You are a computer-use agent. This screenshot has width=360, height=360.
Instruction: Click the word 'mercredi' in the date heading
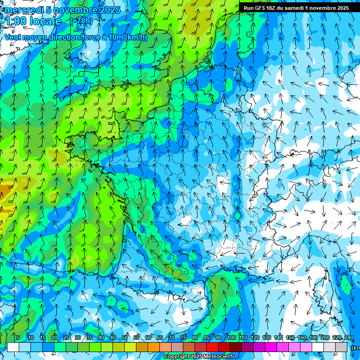click(24, 10)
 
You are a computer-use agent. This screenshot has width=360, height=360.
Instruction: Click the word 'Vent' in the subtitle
click(13, 37)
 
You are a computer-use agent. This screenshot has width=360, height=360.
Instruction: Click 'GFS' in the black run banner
click(261, 8)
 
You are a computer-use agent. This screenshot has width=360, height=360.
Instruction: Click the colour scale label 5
click(18, 337)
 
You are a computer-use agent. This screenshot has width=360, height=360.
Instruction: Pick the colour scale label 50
click(125, 337)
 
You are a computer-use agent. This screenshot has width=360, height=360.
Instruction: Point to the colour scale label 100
click(232, 337)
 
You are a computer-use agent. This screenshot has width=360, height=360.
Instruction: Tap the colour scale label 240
click(348, 337)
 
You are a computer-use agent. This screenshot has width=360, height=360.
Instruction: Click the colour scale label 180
click(313, 337)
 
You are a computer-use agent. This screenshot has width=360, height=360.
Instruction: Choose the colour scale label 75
click(183, 337)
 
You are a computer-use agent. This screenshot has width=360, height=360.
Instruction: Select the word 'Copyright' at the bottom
click(177, 357)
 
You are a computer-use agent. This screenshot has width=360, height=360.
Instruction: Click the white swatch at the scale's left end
click(13, 347)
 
